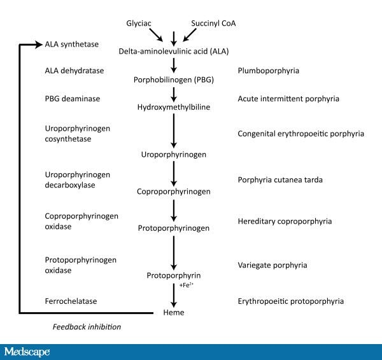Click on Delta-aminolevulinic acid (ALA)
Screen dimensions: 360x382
click(x=174, y=50)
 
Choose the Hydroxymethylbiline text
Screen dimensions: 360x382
click(x=174, y=107)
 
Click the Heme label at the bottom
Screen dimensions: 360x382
click(x=174, y=313)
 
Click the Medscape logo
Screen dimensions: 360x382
click(x=26, y=351)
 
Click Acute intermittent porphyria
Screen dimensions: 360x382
click(x=288, y=99)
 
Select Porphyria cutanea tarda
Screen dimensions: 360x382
click(x=280, y=180)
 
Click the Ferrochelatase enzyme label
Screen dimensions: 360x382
click(x=71, y=301)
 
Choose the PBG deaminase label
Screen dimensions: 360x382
click(x=73, y=99)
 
